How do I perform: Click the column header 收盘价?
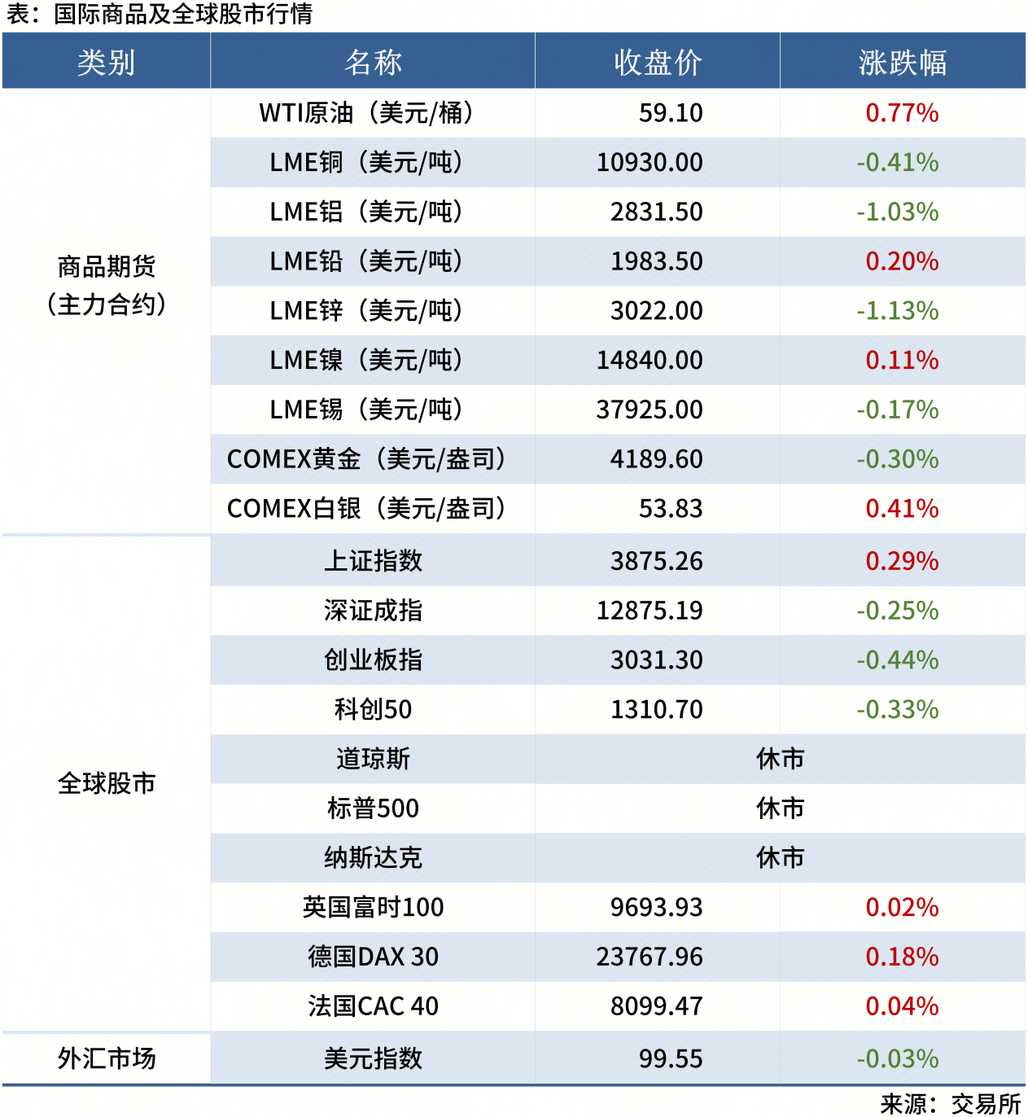tap(658, 62)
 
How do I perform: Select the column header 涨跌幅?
tap(902, 62)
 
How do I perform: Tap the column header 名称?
tap(373, 62)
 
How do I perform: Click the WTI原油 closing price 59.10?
tap(670, 113)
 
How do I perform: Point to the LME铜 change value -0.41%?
tap(897, 163)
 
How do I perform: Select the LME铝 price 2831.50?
tap(656, 212)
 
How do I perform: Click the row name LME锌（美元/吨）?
tap(366, 311)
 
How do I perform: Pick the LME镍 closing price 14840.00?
tap(649, 361)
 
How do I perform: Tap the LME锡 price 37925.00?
tap(649, 410)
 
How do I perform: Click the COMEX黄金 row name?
tap(366, 459)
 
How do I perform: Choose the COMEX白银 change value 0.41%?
tap(902, 509)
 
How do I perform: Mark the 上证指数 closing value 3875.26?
tap(656, 561)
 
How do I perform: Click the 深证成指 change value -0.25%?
tap(897, 611)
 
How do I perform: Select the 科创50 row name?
tap(373, 709)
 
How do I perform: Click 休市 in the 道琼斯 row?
tap(780, 759)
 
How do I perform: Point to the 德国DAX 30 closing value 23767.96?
tap(649, 957)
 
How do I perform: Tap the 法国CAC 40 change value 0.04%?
tap(902, 1006)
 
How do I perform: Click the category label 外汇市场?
tap(107, 1058)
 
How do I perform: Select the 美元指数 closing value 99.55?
tap(670, 1058)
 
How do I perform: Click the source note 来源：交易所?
tap(950, 1104)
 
